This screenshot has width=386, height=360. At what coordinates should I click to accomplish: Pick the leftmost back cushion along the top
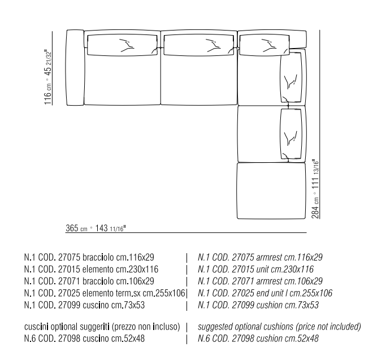(121, 44)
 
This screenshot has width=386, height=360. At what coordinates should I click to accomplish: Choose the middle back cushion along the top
(198, 44)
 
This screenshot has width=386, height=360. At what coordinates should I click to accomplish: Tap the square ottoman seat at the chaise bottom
(270, 192)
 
